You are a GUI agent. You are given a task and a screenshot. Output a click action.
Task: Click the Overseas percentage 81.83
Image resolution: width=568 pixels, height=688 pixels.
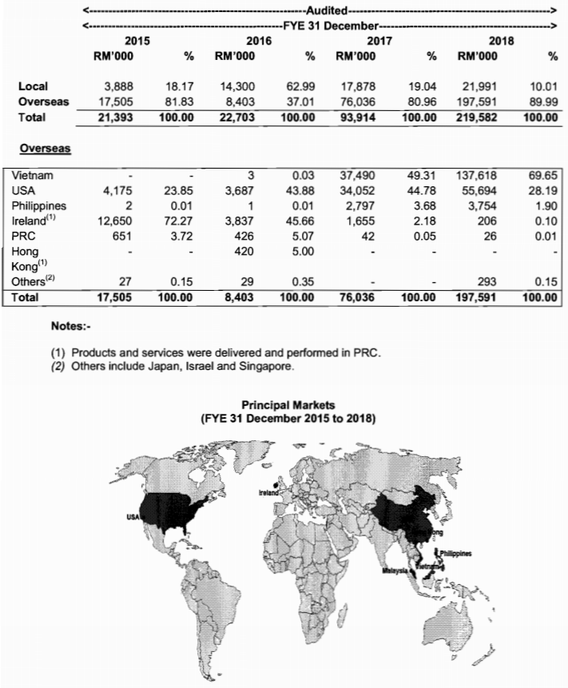tap(180, 101)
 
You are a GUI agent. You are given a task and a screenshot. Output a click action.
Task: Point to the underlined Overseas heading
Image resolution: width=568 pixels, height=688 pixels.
tap(43, 149)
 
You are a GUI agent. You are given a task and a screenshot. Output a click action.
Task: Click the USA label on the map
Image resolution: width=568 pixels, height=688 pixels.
tap(132, 517)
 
